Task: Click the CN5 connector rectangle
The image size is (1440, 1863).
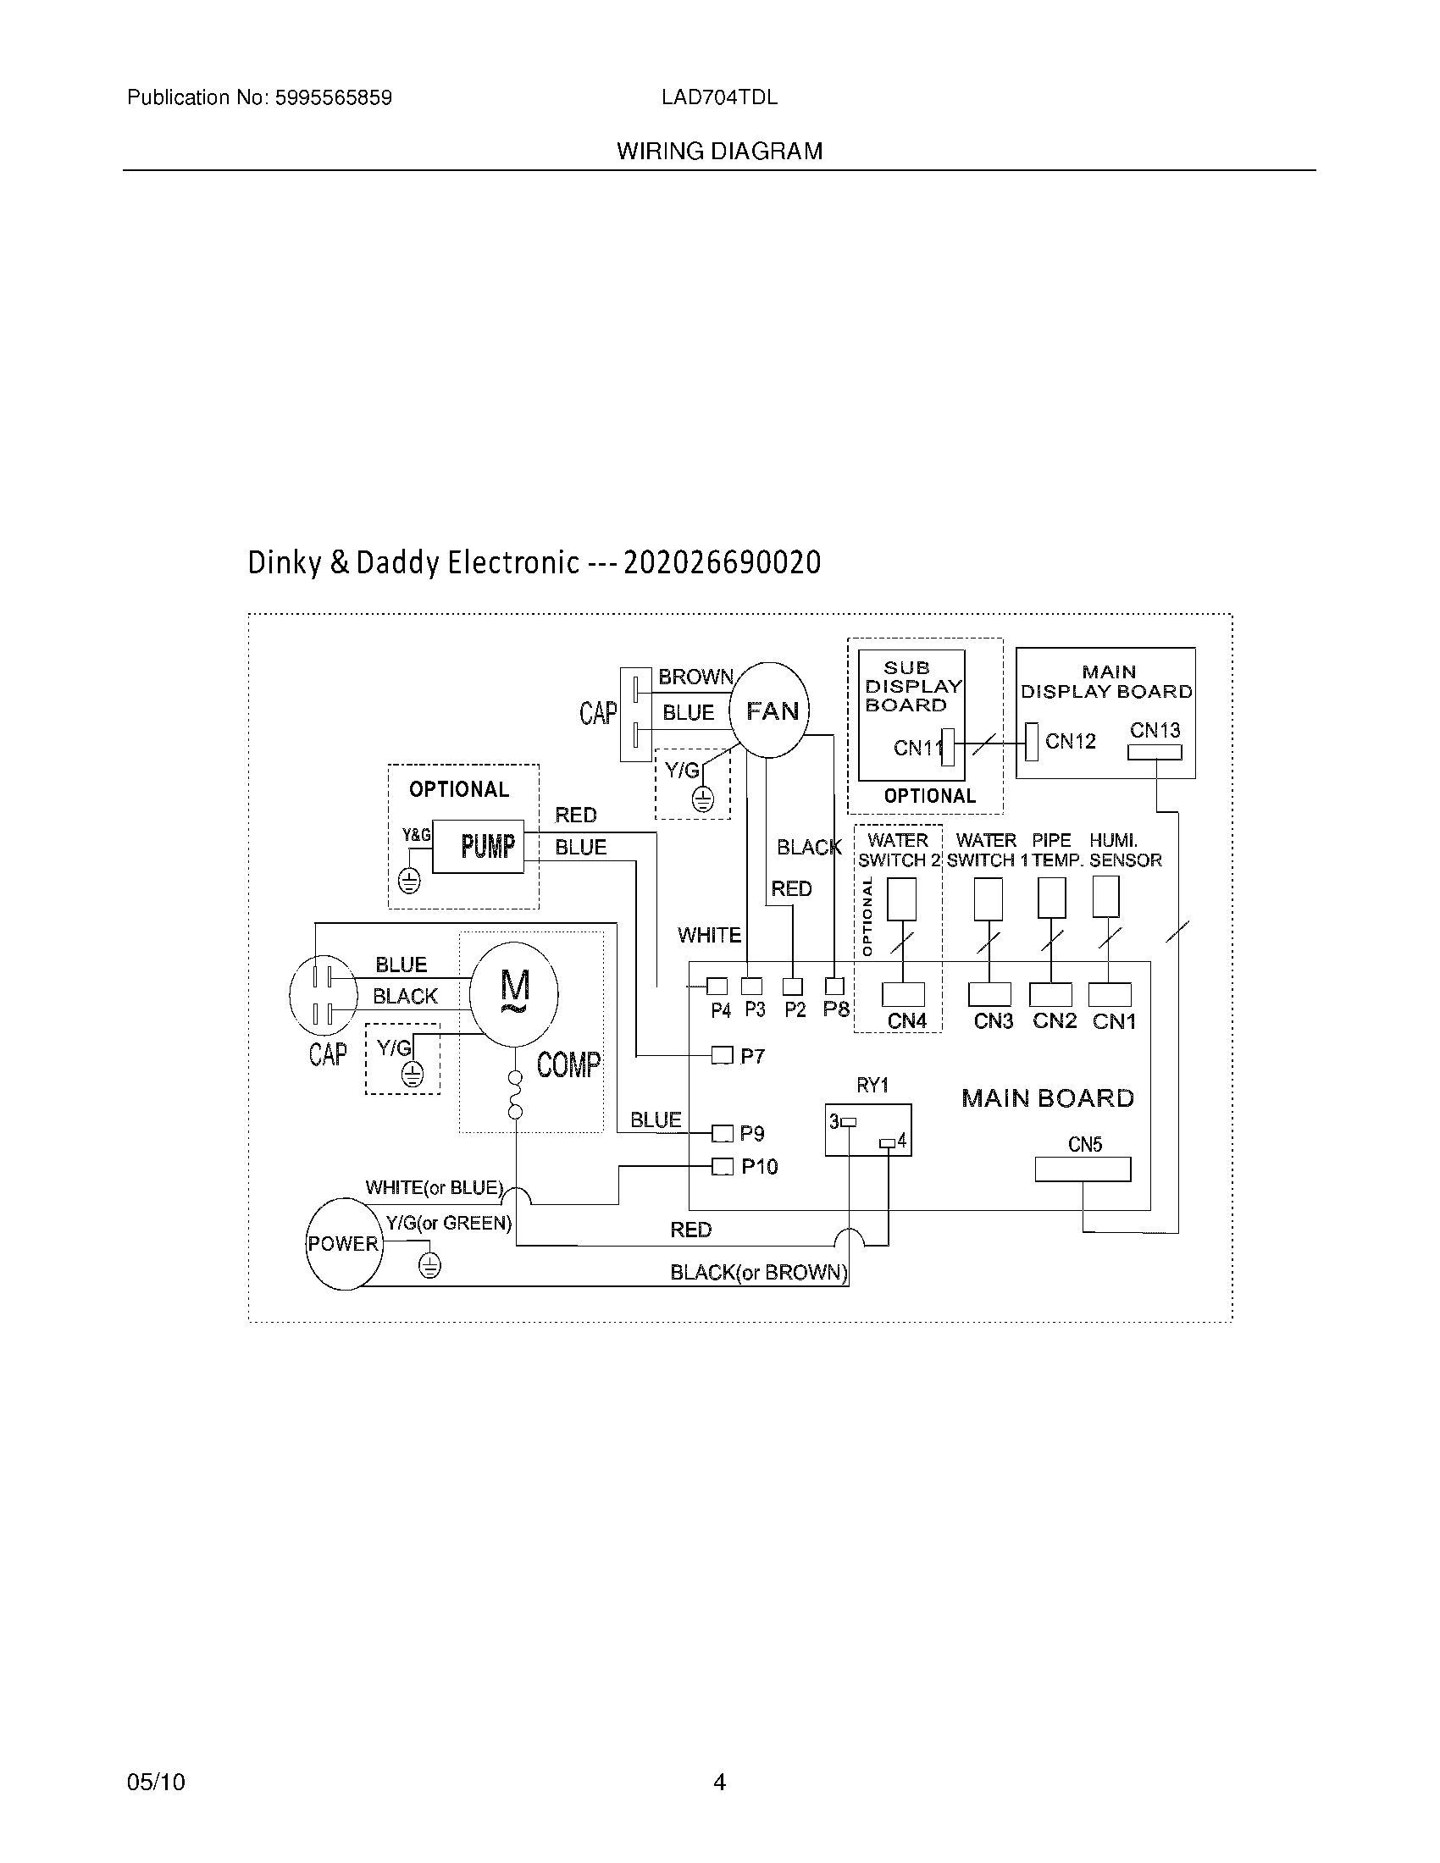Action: click(1083, 1169)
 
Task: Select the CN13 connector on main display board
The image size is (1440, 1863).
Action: click(1155, 752)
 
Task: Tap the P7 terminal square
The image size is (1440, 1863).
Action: click(722, 1056)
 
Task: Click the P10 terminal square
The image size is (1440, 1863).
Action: click(722, 1166)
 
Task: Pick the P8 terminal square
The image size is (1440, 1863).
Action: click(834, 987)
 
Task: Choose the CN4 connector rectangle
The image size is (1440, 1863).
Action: click(903, 995)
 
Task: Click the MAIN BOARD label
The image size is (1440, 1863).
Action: click(1048, 1097)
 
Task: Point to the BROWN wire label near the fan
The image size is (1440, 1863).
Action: click(695, 677)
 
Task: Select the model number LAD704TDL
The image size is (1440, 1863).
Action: click(719, 97)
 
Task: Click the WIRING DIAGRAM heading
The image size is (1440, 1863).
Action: click(720, 151)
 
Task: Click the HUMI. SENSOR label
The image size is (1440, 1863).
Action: click(1125, 850)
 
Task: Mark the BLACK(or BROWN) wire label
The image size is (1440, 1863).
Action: click(758, 1273)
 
